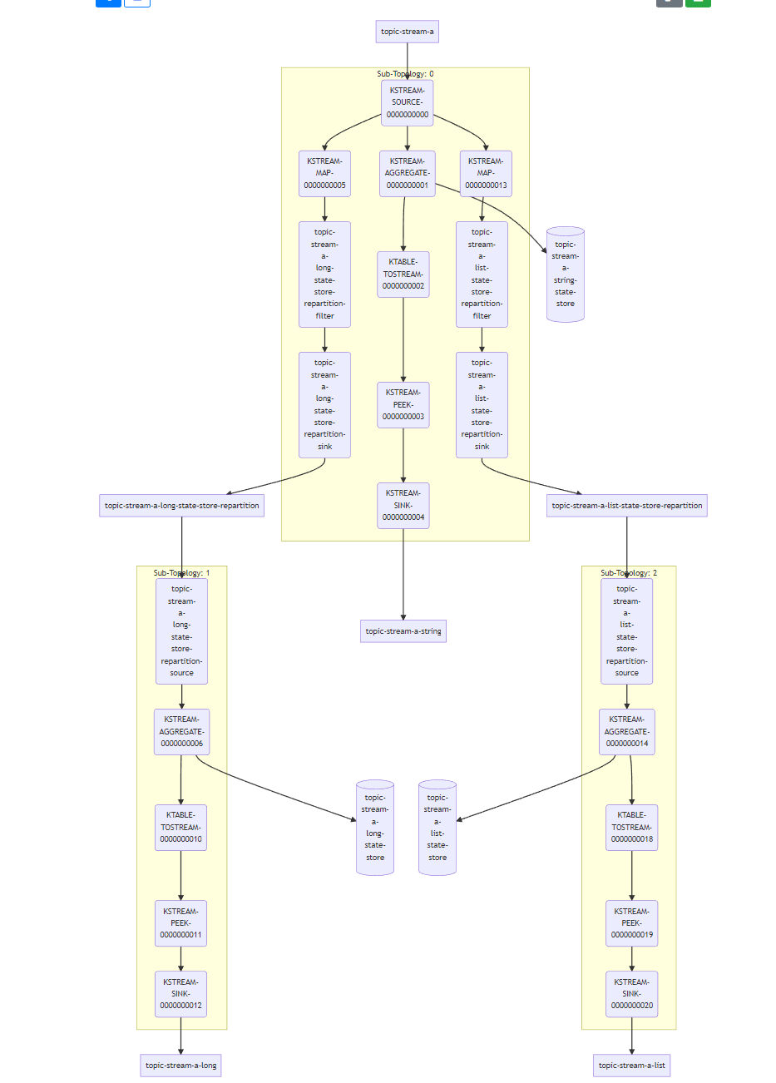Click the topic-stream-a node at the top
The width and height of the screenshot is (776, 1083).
407,32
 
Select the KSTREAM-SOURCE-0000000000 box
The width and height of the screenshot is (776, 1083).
407,102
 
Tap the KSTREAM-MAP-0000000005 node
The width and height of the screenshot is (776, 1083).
324,173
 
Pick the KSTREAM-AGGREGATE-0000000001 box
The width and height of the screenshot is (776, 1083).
407,173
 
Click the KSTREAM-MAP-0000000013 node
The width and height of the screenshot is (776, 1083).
486,173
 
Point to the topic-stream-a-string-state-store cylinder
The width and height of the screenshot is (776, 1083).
566,274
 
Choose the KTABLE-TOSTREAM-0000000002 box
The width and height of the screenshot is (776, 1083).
403,274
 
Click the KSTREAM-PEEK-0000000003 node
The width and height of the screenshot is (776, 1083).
403,404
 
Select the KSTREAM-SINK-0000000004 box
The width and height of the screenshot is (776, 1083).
403,505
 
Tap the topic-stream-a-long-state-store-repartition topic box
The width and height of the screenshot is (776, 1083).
181,505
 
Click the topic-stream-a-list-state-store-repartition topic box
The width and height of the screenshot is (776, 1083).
626,505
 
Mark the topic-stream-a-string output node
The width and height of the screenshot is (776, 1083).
403,631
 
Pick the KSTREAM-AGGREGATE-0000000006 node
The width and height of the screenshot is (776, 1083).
181,731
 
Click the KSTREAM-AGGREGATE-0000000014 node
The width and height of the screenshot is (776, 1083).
626,731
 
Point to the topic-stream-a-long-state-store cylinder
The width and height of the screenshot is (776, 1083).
375,828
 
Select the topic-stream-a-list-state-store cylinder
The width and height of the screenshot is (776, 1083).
437,828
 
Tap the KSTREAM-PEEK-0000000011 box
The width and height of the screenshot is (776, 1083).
180,922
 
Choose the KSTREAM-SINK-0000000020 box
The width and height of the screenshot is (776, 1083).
631,993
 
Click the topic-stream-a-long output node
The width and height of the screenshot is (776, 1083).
180,1066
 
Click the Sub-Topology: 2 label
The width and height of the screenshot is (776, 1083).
629,573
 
